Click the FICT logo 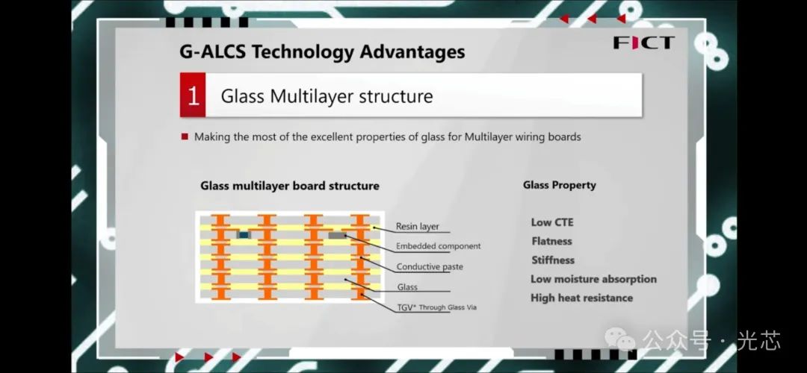tap(643, 43)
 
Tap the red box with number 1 tap(193, 95)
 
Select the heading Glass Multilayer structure tap(327, 96)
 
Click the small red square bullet tap(185, 137)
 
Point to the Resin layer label tap(418, 227)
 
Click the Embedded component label tap(439, 246)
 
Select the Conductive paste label tap(430, 266)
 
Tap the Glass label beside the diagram tap(407, 287)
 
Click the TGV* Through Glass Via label tap(437, 308)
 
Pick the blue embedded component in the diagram tap(244, 235)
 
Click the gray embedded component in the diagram tap(337, 235)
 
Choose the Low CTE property tap(552, 222)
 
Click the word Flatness tap(551, 241)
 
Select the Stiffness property tap(553, 260)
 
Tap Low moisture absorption tap(593, 279)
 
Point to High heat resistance tap(581, 298)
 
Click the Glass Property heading tap(560, 185)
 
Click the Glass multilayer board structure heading tap(290, 186)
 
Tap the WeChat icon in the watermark tap(620, 339)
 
